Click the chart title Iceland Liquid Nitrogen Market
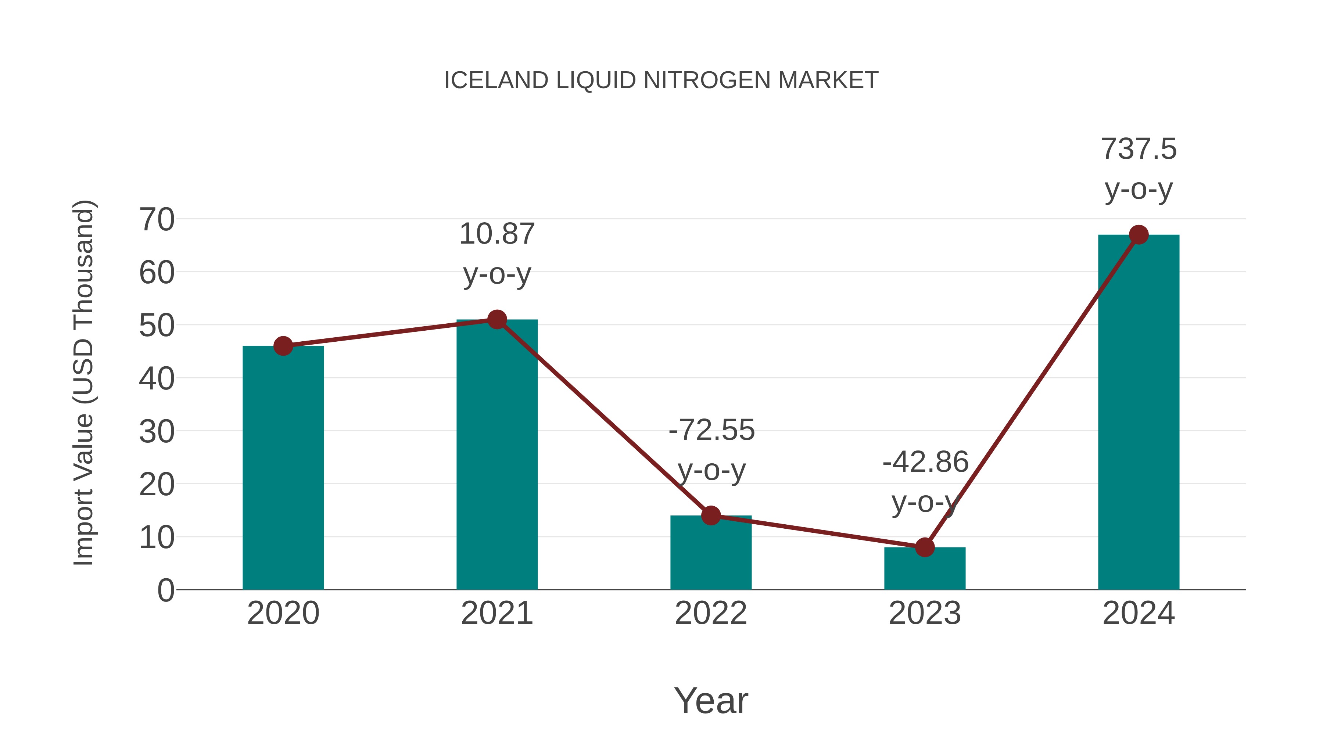coord(661,80)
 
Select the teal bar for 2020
coord(283,467)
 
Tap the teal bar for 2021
coord(496,454)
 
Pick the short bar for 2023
coord(925,568)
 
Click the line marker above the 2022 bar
coord(711,515)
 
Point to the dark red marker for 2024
coord(1139,235)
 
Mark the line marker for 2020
coord(283,346)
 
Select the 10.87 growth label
coord(496,234)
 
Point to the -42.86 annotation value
coord(925,462)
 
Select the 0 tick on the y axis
coord(165,590)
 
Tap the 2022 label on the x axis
coord(711,613)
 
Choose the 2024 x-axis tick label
coord(1138,613)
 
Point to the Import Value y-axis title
coord(83,382)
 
